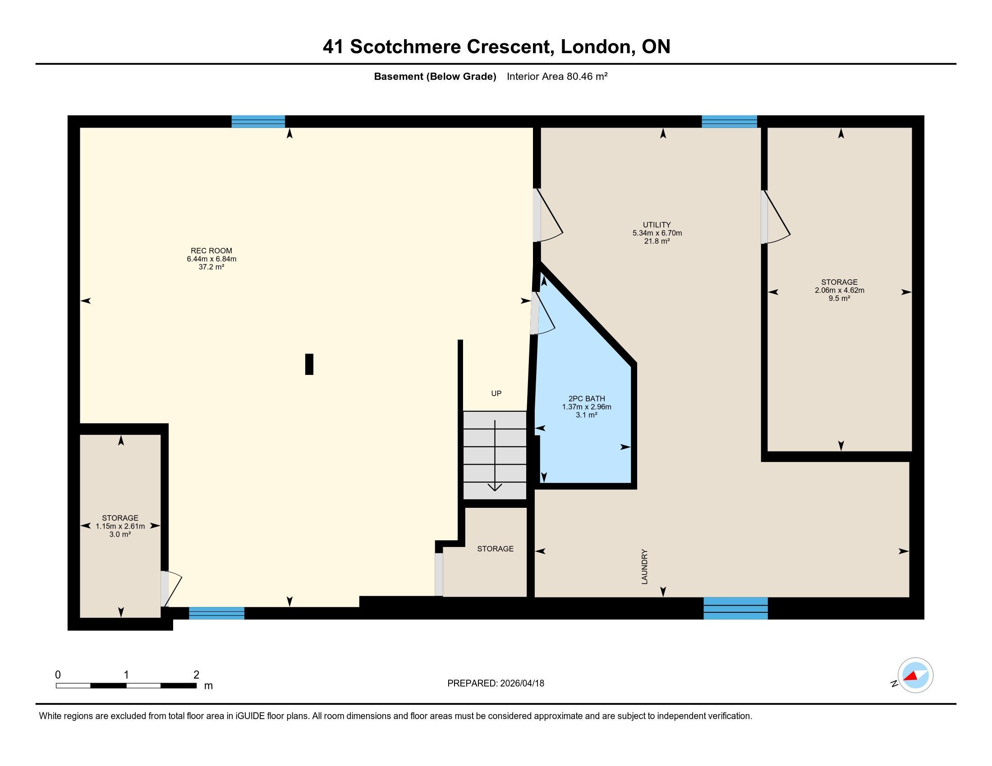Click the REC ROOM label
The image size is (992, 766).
(x=211, y=251)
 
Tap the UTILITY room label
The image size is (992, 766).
(x=657, y=225)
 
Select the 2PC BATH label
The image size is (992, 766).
(x=586, y=399)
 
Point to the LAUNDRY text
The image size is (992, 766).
(x=644, y=567)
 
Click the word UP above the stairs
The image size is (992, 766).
(x=496, y=393)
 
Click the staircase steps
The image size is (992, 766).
(x=495, y=455)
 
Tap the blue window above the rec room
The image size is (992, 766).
(x=258, y=122)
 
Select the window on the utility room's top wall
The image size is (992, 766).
(x=729, y=122)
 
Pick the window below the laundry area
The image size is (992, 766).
(x=735, y=608)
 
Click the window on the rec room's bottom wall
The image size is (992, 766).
(x=216, y=613)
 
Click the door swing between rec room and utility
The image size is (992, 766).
(x=548, y=215)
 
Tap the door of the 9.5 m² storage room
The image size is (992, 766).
(x=776, y=217)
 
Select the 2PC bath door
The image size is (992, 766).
(x=543, y=314)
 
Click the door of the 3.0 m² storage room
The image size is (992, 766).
(x=172, y=588)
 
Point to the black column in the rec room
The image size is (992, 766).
(x=309, y=365)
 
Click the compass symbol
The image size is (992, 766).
(x=915, y=675)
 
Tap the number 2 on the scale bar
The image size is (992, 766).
(x=196, y=675)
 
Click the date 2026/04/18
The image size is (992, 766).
(x=522, y=684)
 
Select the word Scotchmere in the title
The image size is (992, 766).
(x=406, y=47)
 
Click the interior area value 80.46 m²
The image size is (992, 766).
(x=587, y=76)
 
